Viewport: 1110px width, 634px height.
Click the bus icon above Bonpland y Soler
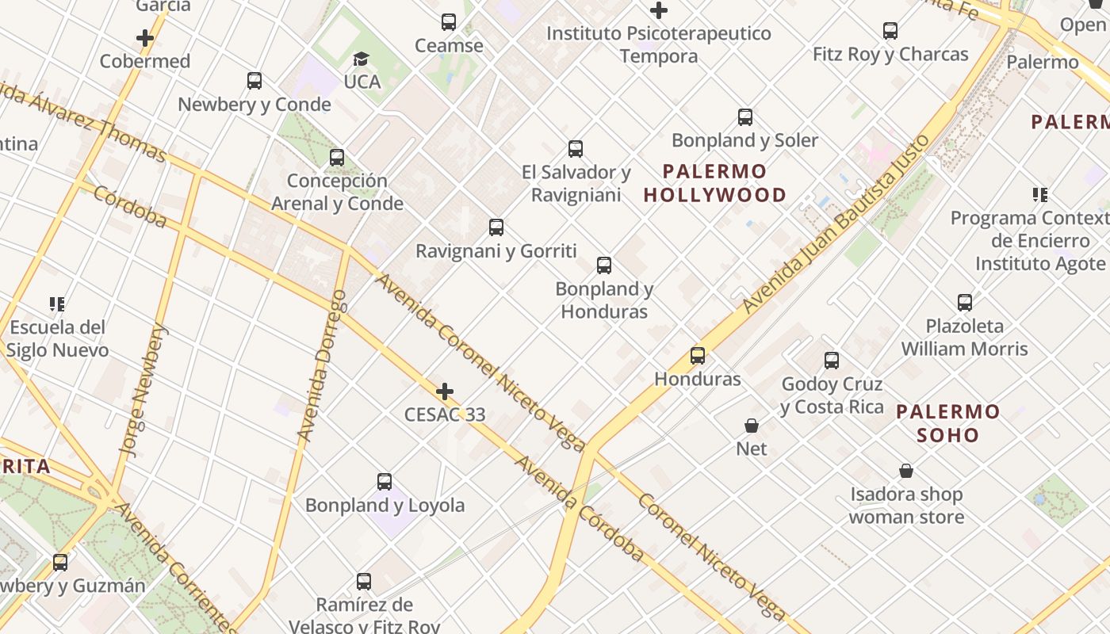pos(745,117)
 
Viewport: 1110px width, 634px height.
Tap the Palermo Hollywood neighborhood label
pos(715,183)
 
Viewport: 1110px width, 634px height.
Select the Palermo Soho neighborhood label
pos(948,423)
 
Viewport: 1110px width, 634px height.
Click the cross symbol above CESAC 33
pos(445,391)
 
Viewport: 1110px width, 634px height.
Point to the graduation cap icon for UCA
pos(361,59)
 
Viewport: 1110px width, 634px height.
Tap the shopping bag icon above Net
pos(752,426)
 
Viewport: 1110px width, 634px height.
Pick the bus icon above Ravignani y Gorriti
pos(496,227)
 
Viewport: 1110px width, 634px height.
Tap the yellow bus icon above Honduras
pos(698,355)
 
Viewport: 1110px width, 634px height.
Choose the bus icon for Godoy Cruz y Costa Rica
pos(832,361)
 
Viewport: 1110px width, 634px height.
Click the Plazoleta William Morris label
pos(964,338)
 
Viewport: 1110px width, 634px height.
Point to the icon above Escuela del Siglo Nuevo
pos(57,304)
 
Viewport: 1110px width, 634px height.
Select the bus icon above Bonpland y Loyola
pos(385,481)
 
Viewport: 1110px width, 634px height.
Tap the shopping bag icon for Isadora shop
pos(906,471)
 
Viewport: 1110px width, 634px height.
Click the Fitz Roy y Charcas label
pos(890,55)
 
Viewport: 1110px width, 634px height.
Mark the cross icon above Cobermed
pos(145,37)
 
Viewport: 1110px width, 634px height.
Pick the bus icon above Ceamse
pos(449,22)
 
